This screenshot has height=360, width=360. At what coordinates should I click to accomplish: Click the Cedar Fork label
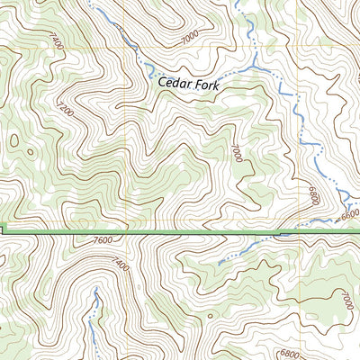(188, 82)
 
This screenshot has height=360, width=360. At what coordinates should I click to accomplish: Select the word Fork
(205, 82)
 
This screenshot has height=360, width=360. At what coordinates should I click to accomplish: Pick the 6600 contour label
(349, 214)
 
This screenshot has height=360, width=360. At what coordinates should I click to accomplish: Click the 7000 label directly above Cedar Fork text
(190, 39)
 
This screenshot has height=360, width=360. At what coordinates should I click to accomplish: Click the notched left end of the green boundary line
(3, 230)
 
